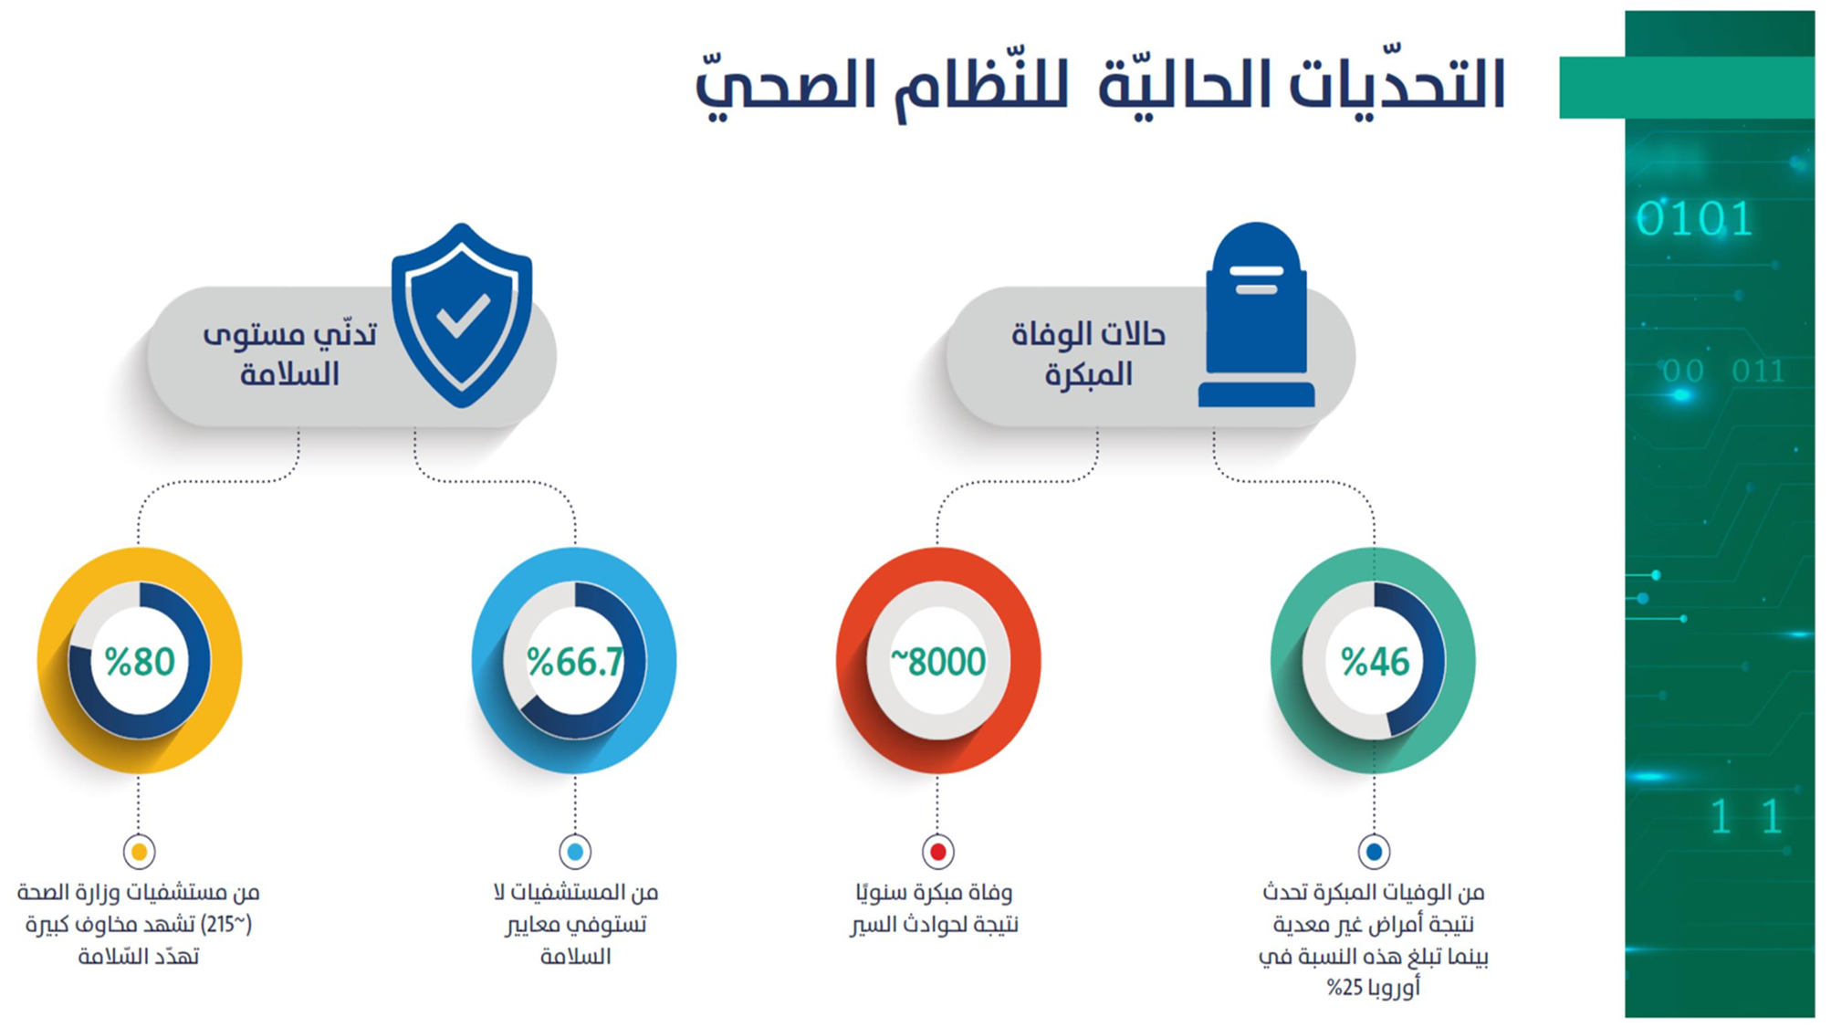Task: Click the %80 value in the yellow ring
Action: (x=140, y=662)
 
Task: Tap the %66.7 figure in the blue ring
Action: (x=575, y=662)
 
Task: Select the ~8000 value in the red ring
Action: (x=938, y=662)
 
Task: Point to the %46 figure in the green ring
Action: (x=1375, y=662)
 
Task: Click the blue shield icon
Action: (x=462, y=315)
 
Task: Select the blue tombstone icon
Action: (x=1257, y=315)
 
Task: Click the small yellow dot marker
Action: (x=140, y=852)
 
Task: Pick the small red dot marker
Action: (x=938, y=852)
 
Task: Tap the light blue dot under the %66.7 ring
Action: (x=575, y=852)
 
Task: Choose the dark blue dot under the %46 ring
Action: (x=1375, y=852)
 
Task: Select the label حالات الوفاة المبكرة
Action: (x=1088, y=354)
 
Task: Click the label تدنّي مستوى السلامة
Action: (x=290, y=354)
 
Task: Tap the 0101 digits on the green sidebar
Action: (x=1694, y=219)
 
